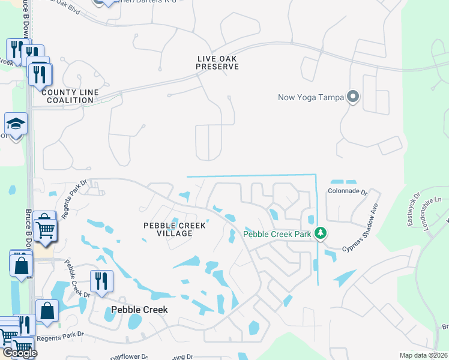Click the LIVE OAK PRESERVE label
click(x=217, y=62)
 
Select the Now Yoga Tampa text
click(x=311, y=97)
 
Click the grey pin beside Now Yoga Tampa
click(x=353, y=97)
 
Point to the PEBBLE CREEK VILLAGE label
click(x=174, y=229)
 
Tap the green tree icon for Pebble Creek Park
click(x=322, y=233)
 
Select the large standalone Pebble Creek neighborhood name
click(x=139, y=310)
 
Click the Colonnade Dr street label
click(x=347, y=191)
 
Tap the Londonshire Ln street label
click(x=430, y=206)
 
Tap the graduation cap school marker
click(x=16, y=124)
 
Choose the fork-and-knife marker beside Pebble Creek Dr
click(x=101, y=281)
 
